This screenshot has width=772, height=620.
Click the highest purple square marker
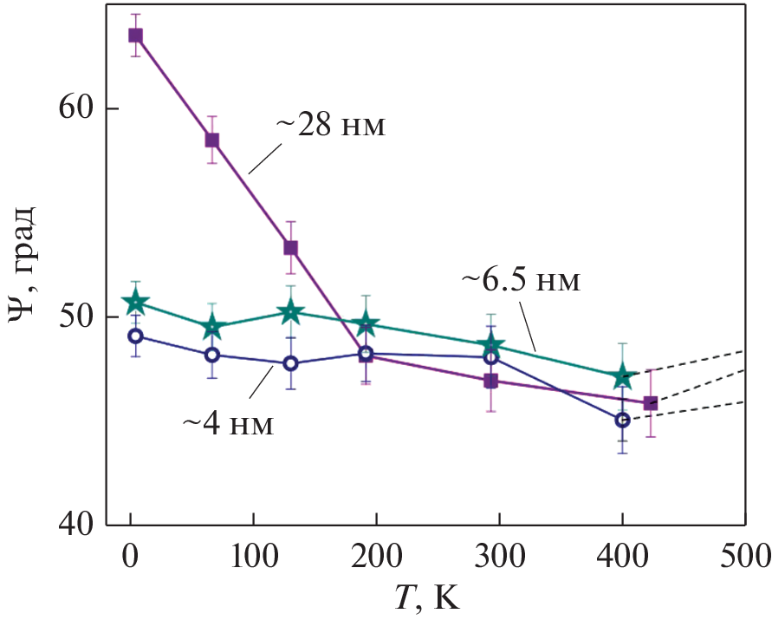135,36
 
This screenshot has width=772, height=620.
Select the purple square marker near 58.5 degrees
211,140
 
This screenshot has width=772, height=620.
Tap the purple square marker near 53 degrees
290,248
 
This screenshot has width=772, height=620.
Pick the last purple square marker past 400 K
651,403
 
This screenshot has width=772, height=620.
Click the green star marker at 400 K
622,377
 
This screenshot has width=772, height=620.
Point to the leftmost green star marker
135,303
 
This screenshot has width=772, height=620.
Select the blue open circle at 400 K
622,420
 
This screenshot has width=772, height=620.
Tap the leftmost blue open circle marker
135,336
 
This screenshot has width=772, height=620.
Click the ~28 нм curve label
330,127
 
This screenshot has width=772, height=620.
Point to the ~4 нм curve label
227,425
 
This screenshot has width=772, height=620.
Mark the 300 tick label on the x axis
498,555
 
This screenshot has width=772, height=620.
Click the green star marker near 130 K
290,312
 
